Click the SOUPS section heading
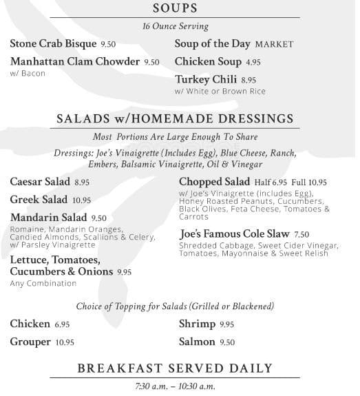point(175,9)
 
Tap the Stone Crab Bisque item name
point(54,43)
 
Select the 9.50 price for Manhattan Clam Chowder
point(151,62)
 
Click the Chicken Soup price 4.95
point(253,62)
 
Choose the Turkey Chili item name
point(205,80)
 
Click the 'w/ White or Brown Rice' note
point(220,92)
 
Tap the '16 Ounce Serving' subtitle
point(175,26)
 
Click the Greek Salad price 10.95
point(82,200)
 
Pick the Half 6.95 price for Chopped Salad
point(270,183)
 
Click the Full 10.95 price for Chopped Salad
point(308,183)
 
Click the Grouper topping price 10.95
point(65,342)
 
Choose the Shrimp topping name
point(198,324)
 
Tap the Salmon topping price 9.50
point(227,342)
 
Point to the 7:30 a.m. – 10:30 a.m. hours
point(175,386)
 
